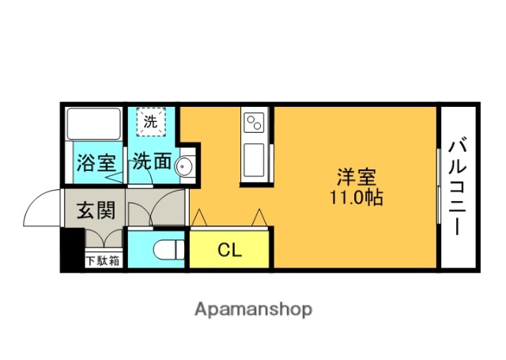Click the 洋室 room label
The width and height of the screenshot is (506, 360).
pyautogui.click(x=356, y=176)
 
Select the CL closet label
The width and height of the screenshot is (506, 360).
pyautogui.click(x=229, y=251)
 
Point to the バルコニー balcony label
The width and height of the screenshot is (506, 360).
pyautogui.click(x=457, y=187)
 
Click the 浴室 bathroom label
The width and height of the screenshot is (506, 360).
pyautogui.click(x=95, y=164)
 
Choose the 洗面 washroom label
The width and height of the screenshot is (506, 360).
pyautogui.click(x=151, y=162)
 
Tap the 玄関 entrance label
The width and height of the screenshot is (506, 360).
pyautogui.click(x=96, y=211)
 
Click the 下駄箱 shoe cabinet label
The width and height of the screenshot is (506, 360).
pyautogui.click(x=103, y=260)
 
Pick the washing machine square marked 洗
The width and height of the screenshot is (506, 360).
pyautogui.click(x=149, y=122)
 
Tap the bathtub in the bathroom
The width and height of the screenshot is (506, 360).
pyautogui.click(x=94, y=123)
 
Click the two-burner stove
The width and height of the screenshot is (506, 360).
pyautogui.click(x=255, y=123)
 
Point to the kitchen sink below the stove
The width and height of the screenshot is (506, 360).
pyautogui.click(x=254, y=160)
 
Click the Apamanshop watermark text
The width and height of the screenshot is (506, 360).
pyautogui.click(x=253, y=309)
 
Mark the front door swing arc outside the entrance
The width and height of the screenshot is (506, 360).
pyautogui.click(x=41, y=210)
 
